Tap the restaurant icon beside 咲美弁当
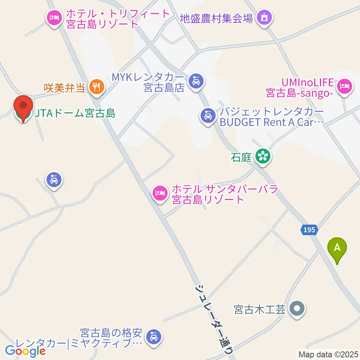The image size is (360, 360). tap(97, 87)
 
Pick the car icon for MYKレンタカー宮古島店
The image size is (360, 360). tap(196, 81)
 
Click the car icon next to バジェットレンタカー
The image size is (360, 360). tap(208, 115)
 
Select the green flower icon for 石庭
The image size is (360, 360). tap(263, 156)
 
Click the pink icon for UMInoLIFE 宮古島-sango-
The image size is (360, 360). tap(344, 87)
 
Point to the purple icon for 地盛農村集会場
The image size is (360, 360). tap(264, 18)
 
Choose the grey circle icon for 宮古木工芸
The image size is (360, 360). tap(298, 309)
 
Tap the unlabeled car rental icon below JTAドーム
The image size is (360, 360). tap(54, 180)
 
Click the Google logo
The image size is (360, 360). tap(25, 351)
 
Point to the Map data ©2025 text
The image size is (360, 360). tap(328, 354)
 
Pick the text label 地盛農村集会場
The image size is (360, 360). tap(216, 18)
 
